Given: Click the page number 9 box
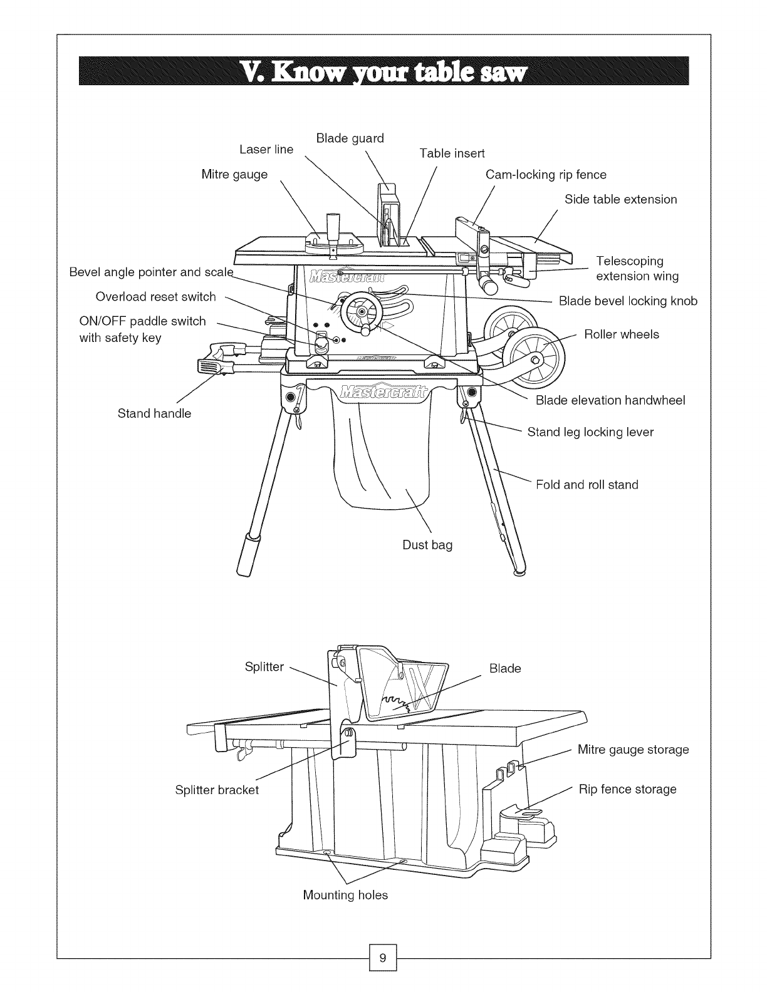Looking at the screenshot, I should pyautogui.click(x=383, y=958).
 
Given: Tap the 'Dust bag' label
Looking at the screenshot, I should pyautogui.click(x=427, y=545).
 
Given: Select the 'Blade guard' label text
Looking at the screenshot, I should pyautogui.click(x=350, y=138).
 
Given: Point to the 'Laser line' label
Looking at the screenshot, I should pyautogui.click(x=266, y=150).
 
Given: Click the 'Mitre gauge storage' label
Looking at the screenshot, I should pyautogui.click(x=633, y=750).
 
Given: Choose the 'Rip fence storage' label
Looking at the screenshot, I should pyautogui.click(x=627, y=789).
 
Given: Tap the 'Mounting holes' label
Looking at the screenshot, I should pyautogui.click(x=345, y=895).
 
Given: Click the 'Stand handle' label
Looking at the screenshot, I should pyautogui.click(x=154, y=413).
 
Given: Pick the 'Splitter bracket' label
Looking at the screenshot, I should pyautogui.click(x=217, y=790).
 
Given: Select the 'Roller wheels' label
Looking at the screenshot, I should pyautogui.click(x=621, y=334).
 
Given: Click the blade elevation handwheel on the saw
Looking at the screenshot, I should pyautogui.click(x=362, y=311).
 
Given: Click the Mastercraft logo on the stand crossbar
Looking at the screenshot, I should pyautogui.click(x=382, y=392).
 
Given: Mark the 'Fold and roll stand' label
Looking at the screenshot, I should pyautogui.click(x=587, y=485).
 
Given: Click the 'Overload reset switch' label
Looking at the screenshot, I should pyautogui.click(x=155, y=297).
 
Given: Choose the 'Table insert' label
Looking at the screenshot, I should pyautogui.click(x=452, y=153).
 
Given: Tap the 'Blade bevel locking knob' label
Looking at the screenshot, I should pyautogui.click(x=628, y=301).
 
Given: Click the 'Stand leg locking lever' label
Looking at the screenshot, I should pyautogui.click(x=590, y=432).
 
